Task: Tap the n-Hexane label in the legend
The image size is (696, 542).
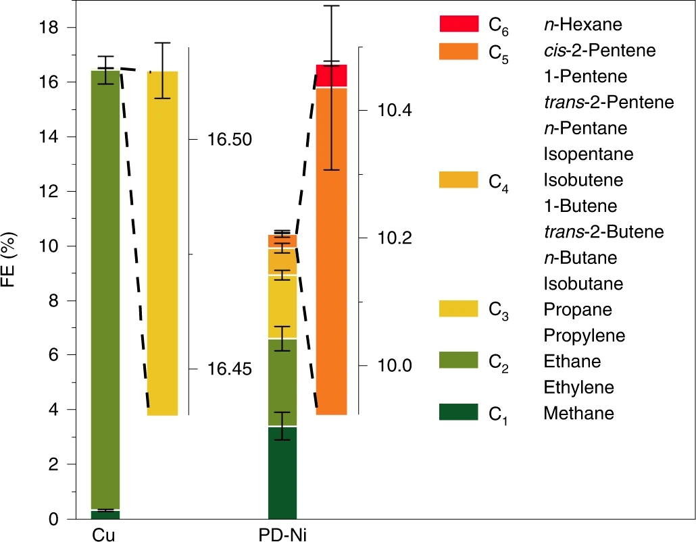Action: (x=582, y=26)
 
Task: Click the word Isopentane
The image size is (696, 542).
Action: (x=588, y=155)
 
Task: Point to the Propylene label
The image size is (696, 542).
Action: (x=584, y=335)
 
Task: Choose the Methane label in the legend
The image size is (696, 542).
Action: (x=578, y=413)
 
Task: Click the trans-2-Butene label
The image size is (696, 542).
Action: (x=603, y=232)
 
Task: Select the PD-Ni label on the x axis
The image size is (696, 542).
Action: (x=282, y=534)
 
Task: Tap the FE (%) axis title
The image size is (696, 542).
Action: (x=15, y=273)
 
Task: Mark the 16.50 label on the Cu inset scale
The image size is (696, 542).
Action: (x=229, y=140)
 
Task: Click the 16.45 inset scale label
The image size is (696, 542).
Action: (x=229, y=369)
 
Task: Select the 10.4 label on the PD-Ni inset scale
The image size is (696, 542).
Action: (x=395, y=110)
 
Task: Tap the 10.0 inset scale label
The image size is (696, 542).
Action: (x=395, y=366)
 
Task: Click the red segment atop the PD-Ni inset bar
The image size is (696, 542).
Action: (x=331, y=76)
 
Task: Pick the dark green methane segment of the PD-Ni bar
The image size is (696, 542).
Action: (x=282, y=472)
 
